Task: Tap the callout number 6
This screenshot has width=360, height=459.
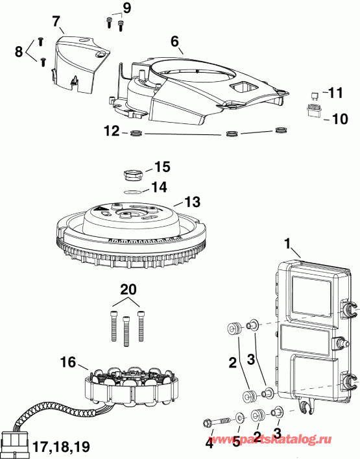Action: click(x=174, y=40)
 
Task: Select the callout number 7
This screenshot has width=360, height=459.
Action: click(x=56, y=19)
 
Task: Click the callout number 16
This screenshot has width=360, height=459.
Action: click(x=69, y=362)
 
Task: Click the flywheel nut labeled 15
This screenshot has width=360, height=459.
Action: click(x=132, y=174)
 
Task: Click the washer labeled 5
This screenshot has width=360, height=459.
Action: click(x=241, y=434)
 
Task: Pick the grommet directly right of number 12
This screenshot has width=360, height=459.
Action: click(x=136, y=133)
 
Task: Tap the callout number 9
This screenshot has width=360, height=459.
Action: click(x=126, y=8)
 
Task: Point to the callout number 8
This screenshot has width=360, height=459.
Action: click(x=19, y=50)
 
